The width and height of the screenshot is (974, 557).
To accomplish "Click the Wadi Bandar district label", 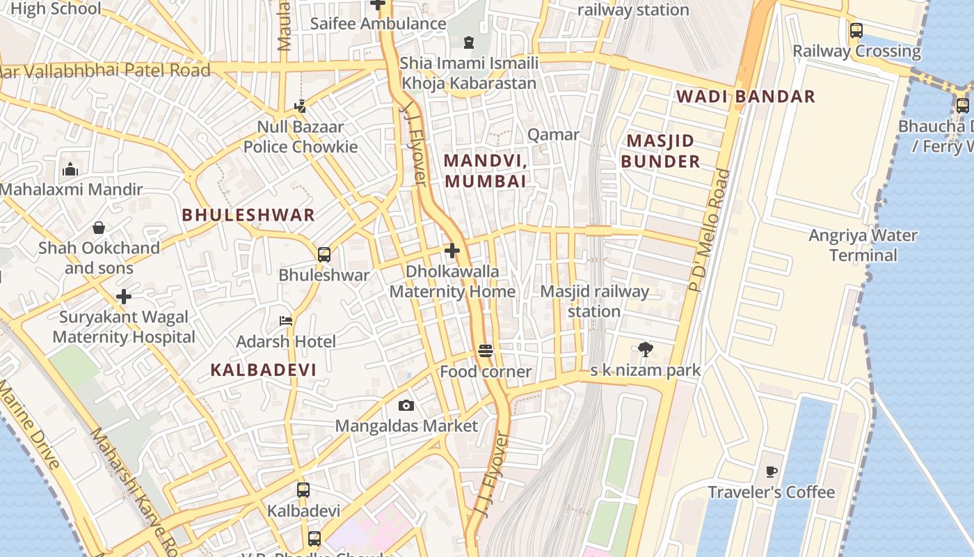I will coord(745,96).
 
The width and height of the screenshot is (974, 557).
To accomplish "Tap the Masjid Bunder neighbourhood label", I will coord(660,151).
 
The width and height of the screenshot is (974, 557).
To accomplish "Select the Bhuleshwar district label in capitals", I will coord(248,214).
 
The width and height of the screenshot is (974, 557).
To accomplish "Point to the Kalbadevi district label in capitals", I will coord(263,370).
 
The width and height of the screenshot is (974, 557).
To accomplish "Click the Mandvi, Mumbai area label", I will coord(485,171).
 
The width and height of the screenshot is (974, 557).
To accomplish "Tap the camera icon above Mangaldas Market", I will coord(406,405).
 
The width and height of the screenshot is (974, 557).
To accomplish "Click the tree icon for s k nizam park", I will coord(645,350).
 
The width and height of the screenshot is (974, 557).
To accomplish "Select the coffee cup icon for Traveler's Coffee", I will coord(771,472).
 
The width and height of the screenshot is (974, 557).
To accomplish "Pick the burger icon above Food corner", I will coord(486,351).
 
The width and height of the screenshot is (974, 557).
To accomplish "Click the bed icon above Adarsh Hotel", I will coord(285,321).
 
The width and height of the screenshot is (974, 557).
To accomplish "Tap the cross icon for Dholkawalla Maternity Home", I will coord(452,251).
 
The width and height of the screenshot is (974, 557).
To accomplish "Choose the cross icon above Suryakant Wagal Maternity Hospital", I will coord(124,297).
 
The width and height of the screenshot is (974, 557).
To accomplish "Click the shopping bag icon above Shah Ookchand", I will coord(99,228).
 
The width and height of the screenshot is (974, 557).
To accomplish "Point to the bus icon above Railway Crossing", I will coord(856,31).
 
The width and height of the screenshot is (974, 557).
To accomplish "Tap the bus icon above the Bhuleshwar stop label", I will coord(324,255).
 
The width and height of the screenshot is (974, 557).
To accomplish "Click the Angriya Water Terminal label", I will coord(863,245).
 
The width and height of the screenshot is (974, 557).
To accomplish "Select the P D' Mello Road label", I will coord(710,230).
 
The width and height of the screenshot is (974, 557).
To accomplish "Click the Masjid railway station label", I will coord(594,301).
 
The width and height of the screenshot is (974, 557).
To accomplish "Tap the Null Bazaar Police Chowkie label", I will coord(301,136).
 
